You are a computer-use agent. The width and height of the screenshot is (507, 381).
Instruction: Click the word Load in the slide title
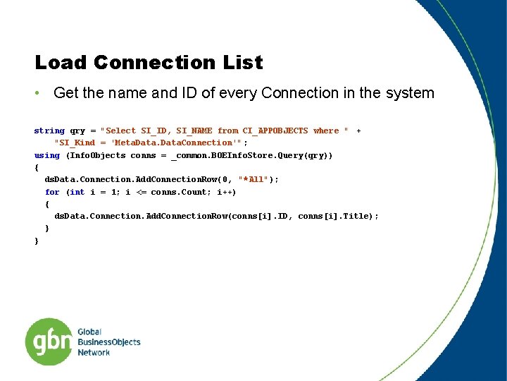tap(61, 63)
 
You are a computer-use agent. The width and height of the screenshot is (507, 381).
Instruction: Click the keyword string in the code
tap(49, 131)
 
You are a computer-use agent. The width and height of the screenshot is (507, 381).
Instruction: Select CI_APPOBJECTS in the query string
tap(275, 131)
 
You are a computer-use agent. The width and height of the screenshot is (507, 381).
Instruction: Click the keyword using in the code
tap(47, 155)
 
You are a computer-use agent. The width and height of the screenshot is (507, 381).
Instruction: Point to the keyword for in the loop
tap(52, 192)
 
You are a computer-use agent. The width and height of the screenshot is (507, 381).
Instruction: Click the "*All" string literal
tap(252, 179)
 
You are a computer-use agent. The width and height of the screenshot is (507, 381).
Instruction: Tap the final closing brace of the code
tap(37, 241)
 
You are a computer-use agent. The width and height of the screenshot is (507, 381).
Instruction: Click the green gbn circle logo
tap(49, 342)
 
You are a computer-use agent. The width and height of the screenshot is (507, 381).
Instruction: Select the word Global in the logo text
tap(89, 332)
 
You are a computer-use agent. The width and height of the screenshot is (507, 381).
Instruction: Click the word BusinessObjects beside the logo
tap(109, 342)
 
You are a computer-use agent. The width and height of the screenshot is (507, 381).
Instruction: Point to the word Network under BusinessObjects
tap(94, 353)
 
